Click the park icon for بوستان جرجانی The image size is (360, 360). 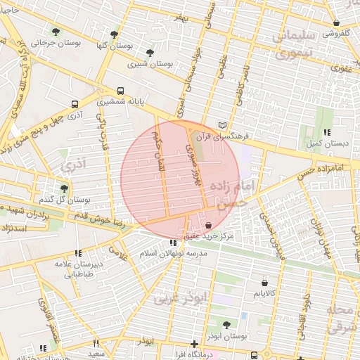tap(56, 31)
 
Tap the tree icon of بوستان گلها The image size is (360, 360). tap(114, 33)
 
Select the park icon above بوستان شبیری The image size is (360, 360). tap(149, 52)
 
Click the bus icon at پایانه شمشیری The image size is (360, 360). tap(120, 91)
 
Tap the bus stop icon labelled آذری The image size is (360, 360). tap(75, 103)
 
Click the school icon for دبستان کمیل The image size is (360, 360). tap(326, 132)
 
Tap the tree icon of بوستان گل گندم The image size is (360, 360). tap(64, 188)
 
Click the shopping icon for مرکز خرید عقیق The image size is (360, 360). tap(209, 224)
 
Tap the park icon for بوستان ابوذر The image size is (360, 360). tap(226, 324)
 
